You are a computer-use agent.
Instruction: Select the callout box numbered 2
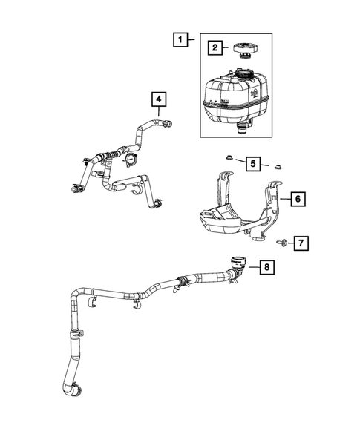click(x=214, y=48)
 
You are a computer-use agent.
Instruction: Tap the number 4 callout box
click(x=159, y=98)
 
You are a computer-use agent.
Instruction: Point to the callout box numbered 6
click(x=295, y=199)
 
